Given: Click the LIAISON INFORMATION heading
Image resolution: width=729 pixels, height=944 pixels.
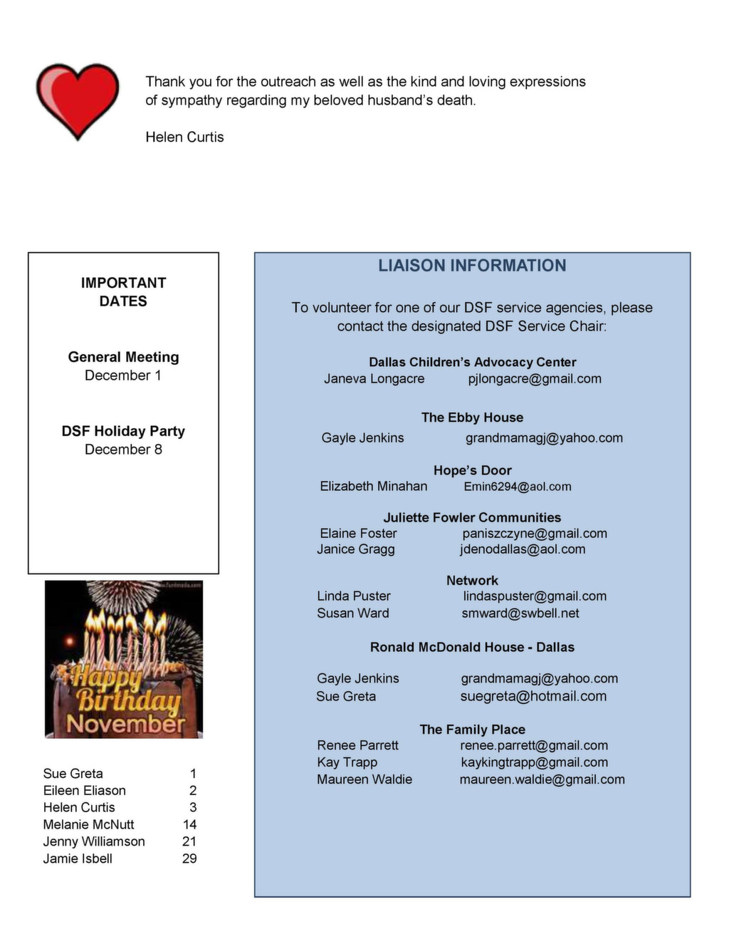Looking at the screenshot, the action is point(472,266).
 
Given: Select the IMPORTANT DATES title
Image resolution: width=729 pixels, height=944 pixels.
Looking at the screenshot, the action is point(123,292).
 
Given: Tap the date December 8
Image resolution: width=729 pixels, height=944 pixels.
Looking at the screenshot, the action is point(123,449).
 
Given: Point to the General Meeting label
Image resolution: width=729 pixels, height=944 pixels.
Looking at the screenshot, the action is point(123,357).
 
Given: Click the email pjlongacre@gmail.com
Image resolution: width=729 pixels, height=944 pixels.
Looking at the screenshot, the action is point(535,379).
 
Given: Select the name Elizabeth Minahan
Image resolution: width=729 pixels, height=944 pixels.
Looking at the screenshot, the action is point(373,486).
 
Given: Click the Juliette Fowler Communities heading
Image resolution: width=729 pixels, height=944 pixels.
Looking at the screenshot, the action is point(472,517).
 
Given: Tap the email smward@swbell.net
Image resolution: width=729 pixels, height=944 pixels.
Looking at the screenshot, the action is point(520,613).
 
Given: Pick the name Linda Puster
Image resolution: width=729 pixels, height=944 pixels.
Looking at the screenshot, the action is point(354,596).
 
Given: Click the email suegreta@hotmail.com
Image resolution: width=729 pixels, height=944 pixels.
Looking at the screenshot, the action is point(533,696).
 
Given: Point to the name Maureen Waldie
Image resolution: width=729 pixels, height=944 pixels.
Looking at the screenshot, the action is point(364,779).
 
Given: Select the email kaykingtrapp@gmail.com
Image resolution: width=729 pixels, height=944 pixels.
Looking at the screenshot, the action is point(534,762).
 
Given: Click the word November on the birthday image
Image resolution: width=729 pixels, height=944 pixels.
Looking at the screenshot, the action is point(126,724).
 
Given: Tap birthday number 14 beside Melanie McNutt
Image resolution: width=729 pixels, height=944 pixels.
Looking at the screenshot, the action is point(189,824).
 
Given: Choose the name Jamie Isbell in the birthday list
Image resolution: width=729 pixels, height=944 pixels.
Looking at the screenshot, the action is point(78,859).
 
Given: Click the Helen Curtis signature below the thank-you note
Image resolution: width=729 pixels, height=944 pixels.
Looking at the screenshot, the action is point(184,137).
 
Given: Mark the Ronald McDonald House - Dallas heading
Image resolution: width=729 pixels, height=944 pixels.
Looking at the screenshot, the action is point(472,647).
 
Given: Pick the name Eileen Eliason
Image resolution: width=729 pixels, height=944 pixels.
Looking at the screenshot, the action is point(84,790).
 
